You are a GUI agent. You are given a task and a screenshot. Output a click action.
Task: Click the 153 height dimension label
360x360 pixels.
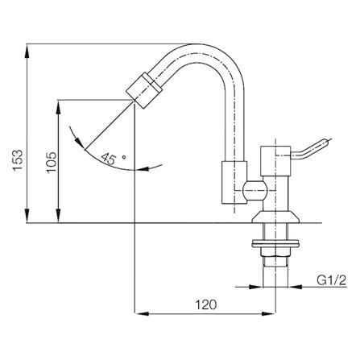pos(18,160)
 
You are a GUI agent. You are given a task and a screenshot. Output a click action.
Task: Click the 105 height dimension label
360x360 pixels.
pos(52,163)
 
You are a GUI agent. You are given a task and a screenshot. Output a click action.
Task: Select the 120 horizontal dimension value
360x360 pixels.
pos(205,304)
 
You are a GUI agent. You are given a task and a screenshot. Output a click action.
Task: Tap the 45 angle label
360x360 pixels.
pos(108,159)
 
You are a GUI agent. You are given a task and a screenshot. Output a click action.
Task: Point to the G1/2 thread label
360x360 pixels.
pos(331,280)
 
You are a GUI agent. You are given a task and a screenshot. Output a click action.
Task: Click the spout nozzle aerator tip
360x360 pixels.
pos(144,90)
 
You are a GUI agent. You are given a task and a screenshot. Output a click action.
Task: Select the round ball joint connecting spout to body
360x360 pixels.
pos(255,191)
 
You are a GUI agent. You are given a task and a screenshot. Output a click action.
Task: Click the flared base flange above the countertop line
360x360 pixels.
pos(275,217)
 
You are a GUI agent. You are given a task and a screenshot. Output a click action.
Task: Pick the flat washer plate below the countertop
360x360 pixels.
pos(275,244)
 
